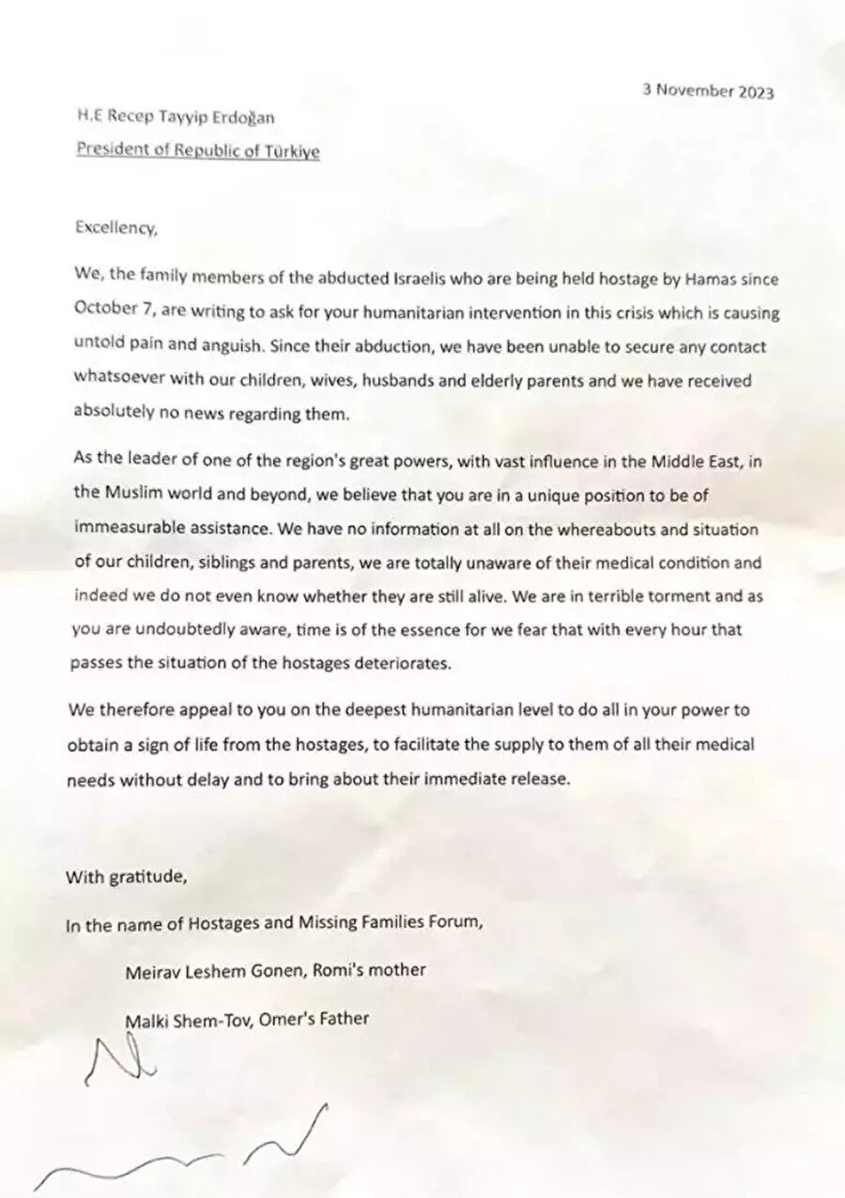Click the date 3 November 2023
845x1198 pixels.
[709, 91]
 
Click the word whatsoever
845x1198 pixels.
[117, 380]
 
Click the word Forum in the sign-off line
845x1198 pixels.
[456, 923]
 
